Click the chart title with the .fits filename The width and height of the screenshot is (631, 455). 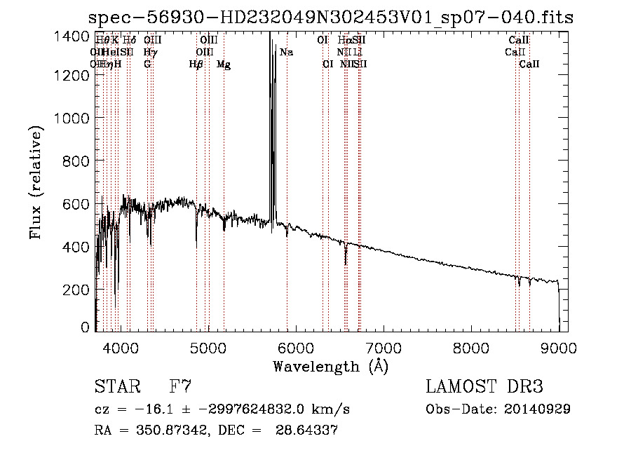coord(331,18)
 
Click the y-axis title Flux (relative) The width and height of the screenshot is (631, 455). coord(35,184)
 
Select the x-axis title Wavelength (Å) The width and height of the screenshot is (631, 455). coord(330,366)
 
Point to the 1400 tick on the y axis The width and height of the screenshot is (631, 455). coord(73,36)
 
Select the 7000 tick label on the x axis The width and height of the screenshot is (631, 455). coord(383,347)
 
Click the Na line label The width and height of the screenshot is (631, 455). coord(286,53)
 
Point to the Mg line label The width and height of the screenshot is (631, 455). coord(224,64)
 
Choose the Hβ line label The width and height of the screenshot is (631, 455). coord(196,64)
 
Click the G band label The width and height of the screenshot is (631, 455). coord(147,64)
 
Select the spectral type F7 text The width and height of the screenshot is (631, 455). coord(179,387)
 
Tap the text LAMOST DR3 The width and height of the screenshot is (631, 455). coord(484,387)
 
